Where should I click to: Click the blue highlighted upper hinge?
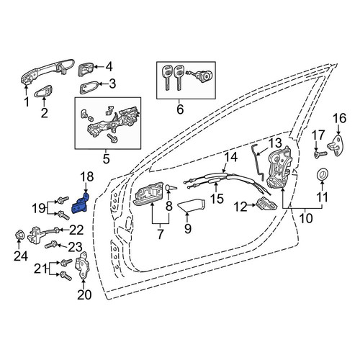tap(80, 204)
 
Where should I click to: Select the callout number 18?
tap(87, 177)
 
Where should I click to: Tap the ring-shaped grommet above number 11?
tap(322, 174)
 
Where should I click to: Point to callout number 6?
tap(180, 109)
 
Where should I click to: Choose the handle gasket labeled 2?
tap(44, 91)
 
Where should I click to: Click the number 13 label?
tap(275, 143)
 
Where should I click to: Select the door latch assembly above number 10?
tap(280, 168)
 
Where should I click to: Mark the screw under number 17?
tap(320, 154)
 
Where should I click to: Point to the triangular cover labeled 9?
tap(192, 205)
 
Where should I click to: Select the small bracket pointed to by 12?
tap(266, 204)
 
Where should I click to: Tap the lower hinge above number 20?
tap(82, 267)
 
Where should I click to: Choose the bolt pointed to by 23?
tap(50, 246)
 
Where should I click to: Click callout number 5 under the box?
tap(107, 158)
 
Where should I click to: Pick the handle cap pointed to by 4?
tap(85, 70)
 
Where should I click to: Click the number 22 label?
tap(76, 230)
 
